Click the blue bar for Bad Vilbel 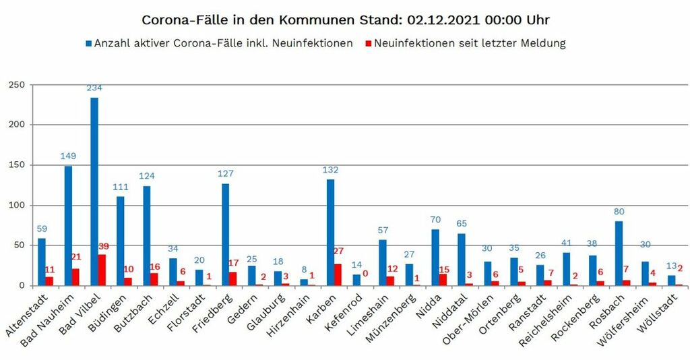pos(94,191)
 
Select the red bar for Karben pos(338,274)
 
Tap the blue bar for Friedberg pos(225,235)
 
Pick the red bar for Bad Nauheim pos(76,277)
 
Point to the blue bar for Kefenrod pos(356,280)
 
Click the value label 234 pos(94,88)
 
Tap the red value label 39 pos(102,247)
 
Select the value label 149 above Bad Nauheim pos(68,156)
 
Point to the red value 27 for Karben pos(338,251)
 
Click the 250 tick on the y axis pos(16,84)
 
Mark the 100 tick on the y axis pos(16,205)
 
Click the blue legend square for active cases pos(88,44)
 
